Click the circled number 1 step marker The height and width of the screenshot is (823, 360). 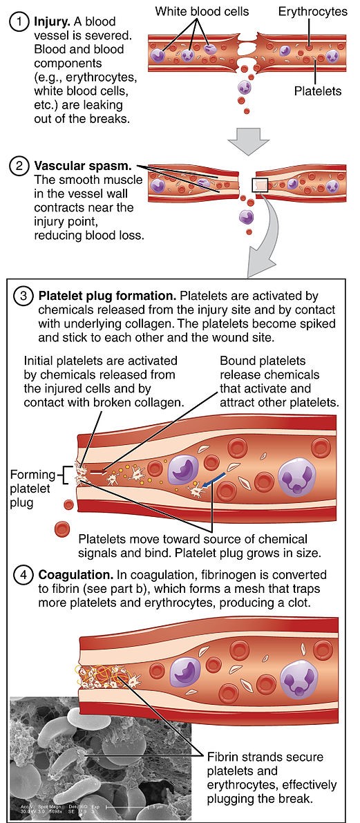15,21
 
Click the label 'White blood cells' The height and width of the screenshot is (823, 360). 202,11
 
